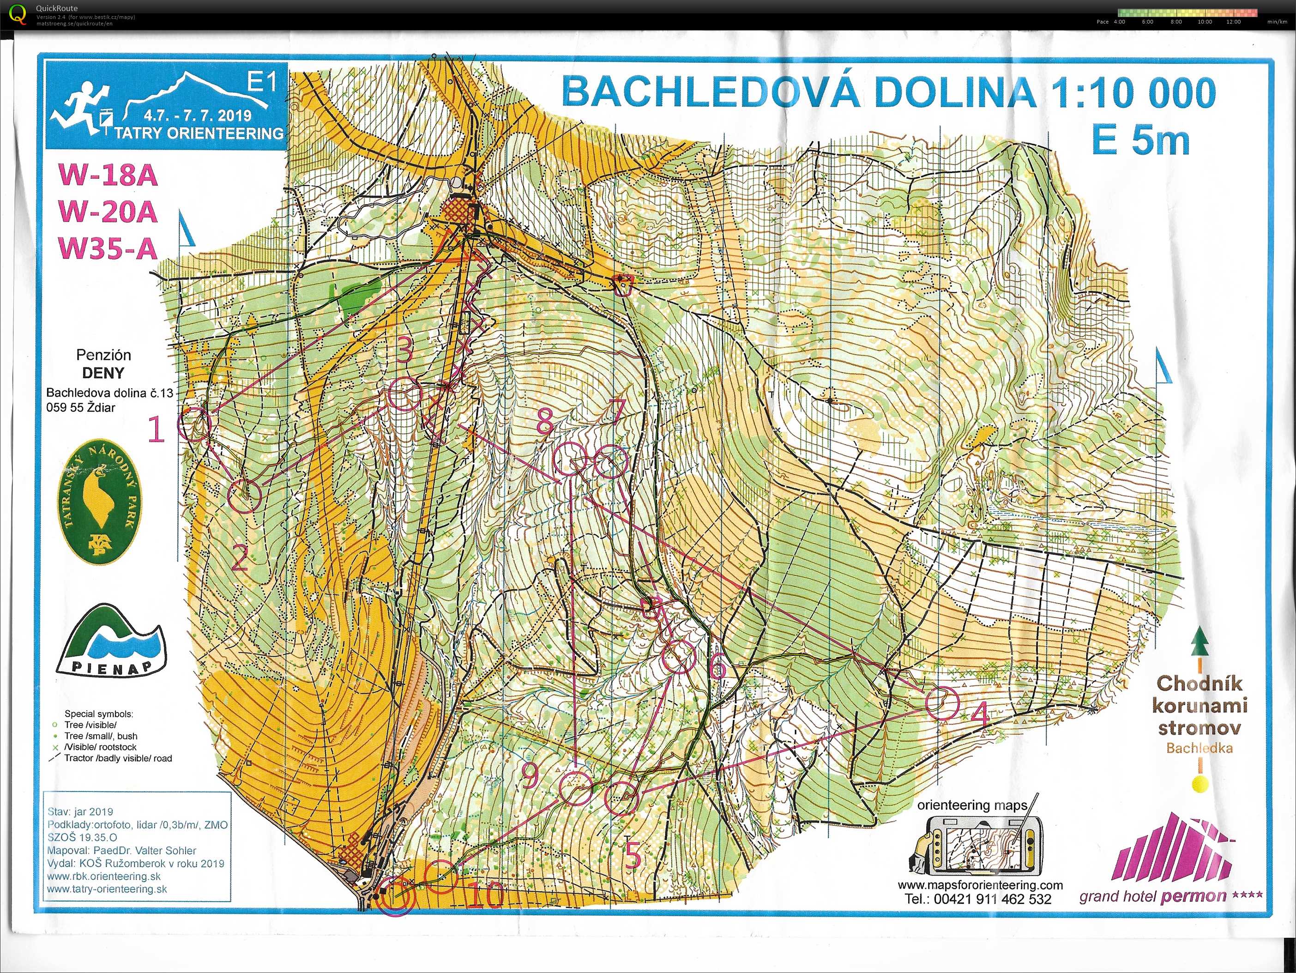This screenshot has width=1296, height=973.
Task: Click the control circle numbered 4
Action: [x=942, y=703]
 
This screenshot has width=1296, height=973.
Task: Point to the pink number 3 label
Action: [x=404, y=350]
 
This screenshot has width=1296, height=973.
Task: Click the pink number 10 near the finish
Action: [x=486, y=895]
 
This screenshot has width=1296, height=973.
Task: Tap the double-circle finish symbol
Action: [x=394, y=897]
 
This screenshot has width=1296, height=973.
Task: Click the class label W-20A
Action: [x=108, y=212]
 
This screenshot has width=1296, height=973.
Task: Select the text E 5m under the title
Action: [x=1140, y=141]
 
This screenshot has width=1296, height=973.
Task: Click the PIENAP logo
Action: [x=112, y=640]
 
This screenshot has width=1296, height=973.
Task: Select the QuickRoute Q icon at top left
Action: [x=18, y=14]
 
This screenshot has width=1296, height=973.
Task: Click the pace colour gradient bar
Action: [x=1187, y=12]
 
